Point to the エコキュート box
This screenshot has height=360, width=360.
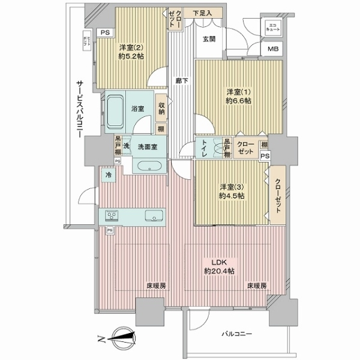[272, 27]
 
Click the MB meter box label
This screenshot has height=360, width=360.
[273, 50]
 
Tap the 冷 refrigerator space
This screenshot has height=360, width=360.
[109, 175]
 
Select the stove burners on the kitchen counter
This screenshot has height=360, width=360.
[113, 215]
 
